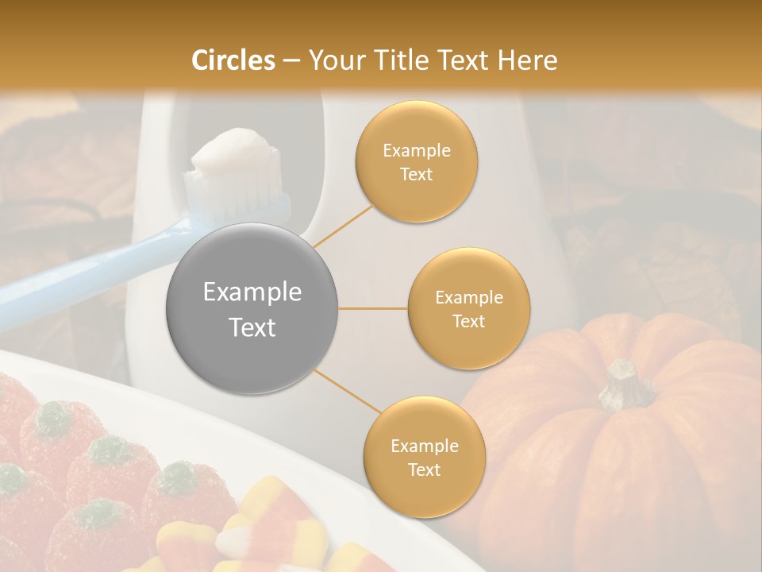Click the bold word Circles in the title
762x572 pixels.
(x=234, y=60)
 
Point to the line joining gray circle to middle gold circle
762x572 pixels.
(x=373, y=308)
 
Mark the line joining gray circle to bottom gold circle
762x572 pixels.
(x=346, y=392)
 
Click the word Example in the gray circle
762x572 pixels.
(x=252, y=292)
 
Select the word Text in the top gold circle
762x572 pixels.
(x=417, y=174)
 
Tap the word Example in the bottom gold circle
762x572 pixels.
(x=424, y=446)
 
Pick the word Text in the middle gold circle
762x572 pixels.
(x=468, y=321)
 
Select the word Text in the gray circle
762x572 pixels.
(x=252, y=327)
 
